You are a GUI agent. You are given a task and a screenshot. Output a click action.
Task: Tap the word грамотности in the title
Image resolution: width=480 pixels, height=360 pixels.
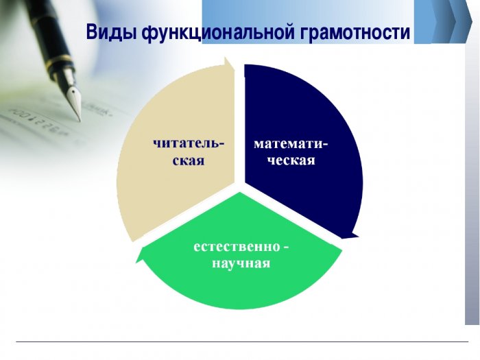click(355, 32)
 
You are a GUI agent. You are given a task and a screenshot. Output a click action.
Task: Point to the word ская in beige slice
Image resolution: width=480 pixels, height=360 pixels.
click(189, 160)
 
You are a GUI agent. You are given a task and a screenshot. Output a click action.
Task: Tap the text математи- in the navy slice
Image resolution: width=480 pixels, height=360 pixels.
click(291, 143)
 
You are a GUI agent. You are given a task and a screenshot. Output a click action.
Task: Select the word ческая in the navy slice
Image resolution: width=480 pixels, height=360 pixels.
click(291, 160)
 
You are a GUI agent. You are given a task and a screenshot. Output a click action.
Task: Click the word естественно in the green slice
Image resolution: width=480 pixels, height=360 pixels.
click(237, 247)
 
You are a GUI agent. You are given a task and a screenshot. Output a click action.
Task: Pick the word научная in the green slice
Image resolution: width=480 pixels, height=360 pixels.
click(241, 263)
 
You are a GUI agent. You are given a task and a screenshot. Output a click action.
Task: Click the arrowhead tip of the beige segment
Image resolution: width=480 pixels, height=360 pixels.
click(226, 57)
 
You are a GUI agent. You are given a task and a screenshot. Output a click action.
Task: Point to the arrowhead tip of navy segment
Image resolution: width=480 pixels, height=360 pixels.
click(358, 236)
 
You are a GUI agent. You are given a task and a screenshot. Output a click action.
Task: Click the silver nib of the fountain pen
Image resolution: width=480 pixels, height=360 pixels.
click(74, 101)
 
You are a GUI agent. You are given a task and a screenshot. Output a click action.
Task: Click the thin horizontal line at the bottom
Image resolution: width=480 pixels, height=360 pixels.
click(242, 341)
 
